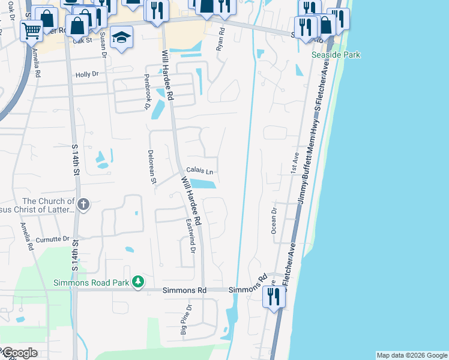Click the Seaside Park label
(x=336, y=55)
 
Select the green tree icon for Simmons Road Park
(x=139, y=281)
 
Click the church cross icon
(x=83, y=205)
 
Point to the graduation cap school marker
(x=121, y=38)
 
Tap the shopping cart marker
(x=31, y=30)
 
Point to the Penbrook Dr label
(x=146, y=92)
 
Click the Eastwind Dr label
(x=190, y=236)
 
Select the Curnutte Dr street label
(x=53, y=240)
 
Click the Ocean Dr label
(x=274, y=220)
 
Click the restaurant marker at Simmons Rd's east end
(x=274, y=297)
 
